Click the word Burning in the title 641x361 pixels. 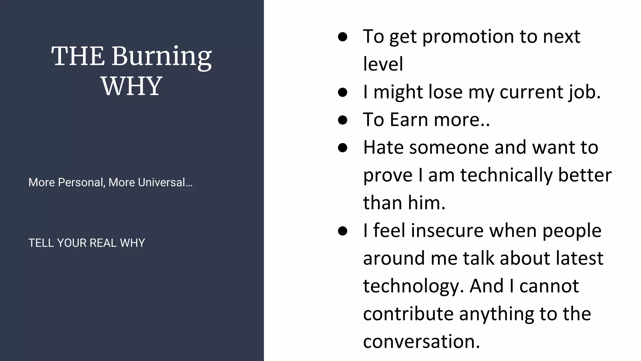point(162,56)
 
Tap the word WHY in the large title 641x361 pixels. point(131,86)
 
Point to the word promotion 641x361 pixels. point(468,37)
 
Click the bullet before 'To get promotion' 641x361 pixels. point(343,37)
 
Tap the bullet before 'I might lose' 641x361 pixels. point(343,92)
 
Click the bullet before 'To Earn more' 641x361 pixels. point(343,120)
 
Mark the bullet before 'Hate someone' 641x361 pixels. point(343,147)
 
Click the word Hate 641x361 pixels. point(383,147)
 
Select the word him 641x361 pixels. point(426,203)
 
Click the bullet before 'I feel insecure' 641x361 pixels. point(343,231)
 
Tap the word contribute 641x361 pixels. point(408,314)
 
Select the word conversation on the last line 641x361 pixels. point(421,342)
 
